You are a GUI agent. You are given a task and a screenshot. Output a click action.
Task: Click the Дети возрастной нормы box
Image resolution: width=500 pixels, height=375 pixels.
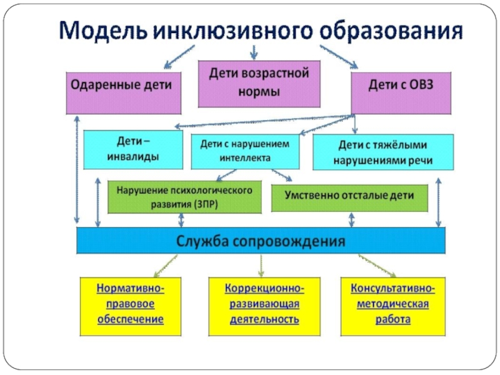pyautogui.click(x=259, y=83)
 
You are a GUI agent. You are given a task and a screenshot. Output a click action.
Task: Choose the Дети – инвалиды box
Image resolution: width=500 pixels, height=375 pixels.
pyautogui.click(x=132, y=149)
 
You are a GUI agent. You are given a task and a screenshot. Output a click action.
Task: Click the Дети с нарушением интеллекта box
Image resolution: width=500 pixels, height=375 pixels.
pyautogui.click(x=245, y=151)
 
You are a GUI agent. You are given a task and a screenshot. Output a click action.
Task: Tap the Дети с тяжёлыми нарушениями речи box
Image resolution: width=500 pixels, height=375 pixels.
pyautogui.click(x=382, y=153)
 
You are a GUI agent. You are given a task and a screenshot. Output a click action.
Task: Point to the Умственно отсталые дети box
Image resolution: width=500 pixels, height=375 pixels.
pyautogui.click(x=350, y=197)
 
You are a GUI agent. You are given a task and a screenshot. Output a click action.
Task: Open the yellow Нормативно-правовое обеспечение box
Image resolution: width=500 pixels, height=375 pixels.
pyautogui.click(x=131, y=305)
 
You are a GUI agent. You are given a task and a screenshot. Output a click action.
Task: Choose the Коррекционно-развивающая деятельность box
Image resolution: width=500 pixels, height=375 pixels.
pyautogui.click(x=262, y=305)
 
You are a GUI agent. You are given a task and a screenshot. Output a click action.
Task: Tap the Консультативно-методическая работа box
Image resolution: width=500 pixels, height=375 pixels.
pyautogui.click(x=393, y=305)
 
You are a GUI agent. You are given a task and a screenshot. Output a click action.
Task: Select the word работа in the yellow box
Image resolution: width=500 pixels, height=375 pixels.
pyautogui.click(x=393, y=319)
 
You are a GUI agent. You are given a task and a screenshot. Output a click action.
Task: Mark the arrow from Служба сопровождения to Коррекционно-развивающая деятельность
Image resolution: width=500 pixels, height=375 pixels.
pyautogui.click(x=261, y=265)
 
